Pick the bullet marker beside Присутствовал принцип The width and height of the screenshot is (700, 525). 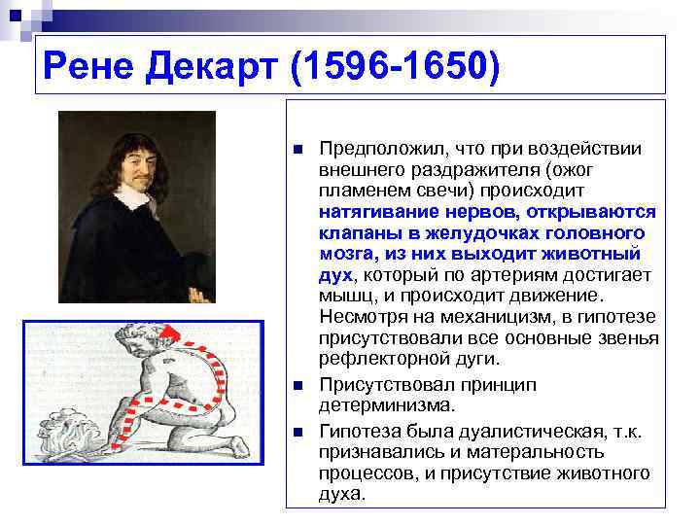pyautogui.click(x=298, y=386)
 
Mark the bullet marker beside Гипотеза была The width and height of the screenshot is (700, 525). pyautogui.click(x=298, y=431)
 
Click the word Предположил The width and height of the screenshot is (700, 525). pyautogui.click(x=381, y=149)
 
